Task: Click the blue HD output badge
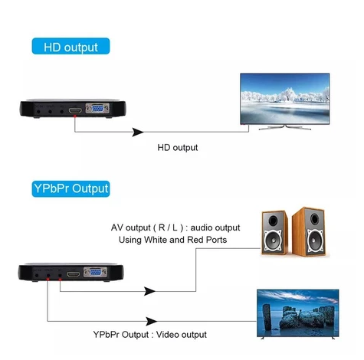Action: pyautogui.click(x=71, y=46)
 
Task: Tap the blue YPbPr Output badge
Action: pyautogui.click(x=71, y=189)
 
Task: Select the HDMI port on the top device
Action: pyautogui.click(x=75, y=111)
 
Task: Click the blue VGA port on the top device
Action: pyautogui.click(x=97, y=109)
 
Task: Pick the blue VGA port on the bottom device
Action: pyautogui.click(x=95, y=272)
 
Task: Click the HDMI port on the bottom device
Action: pyautogui.click(x=73, y=274)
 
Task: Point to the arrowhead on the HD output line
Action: pyautogui.click(x=138, y=132)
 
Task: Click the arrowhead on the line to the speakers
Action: pyautogui.click(x=149, y=291)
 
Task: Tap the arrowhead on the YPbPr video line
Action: pyautogui.click(x=152, y=321)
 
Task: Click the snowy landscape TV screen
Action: pyautogui.click(x=285, y=99)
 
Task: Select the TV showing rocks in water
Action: pyautogui.click(x=298, y=313)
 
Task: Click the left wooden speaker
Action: pyautogui.click(x=274, y=233)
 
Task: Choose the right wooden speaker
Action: pyautogui.click(x=310, y=232)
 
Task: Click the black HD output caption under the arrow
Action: pyautogui.click(x=178, y=148)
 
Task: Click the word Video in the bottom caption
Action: pyautogui.click(x=168, y=334)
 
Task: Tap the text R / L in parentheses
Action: pyautogui.click(x=168, y=227)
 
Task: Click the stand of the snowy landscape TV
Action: pyautogui.click(x=285, y=127)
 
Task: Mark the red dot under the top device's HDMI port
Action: pyautogui.click(x=74, y=116)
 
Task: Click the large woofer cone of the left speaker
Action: pyautogui.click(x=273, y=240)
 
